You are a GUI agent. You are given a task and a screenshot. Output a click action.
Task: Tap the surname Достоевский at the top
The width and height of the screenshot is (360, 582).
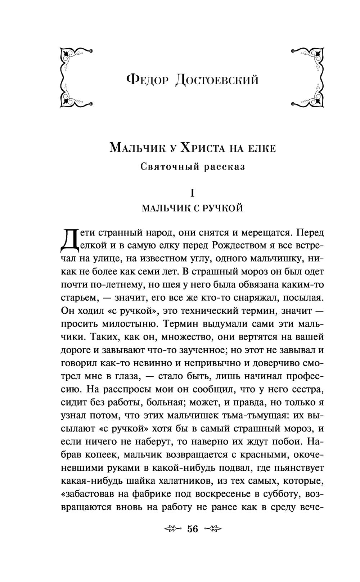point(217,79)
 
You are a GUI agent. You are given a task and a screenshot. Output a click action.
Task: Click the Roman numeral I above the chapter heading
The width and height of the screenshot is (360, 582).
point(193,193)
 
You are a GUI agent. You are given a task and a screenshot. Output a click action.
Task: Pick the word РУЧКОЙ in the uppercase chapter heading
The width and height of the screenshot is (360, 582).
point(224,208)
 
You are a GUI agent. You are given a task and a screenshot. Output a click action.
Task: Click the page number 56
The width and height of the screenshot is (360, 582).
point(193,529)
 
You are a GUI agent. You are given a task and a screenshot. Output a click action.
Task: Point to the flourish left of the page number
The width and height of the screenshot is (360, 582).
point(173,529)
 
